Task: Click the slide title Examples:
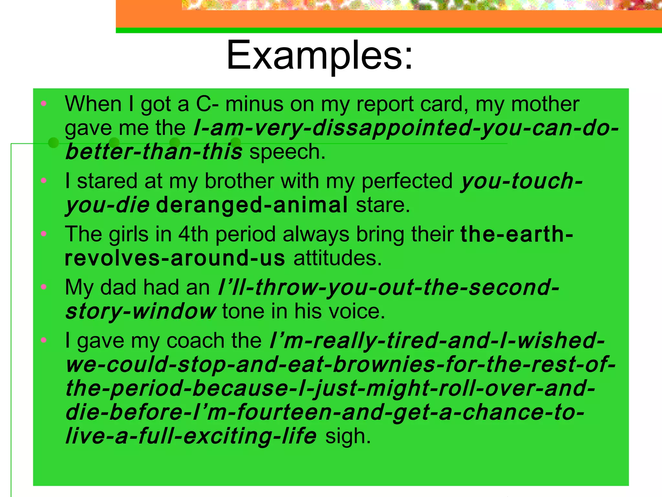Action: [x=319, y=56]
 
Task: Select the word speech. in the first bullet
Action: [x=287, y=152]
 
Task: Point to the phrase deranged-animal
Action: [x=252, y=205]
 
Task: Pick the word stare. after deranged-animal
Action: [x=383, y=205]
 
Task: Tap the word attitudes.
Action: [x=337, y=258]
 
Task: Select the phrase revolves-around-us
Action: [x=175, y=258]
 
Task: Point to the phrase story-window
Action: [x=141, y=312]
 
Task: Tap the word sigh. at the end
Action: [x=348, y=436]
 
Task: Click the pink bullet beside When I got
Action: [x=44, y=104]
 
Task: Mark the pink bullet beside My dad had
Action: [x=44, y=287]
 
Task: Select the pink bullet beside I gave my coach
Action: [x=44, y=340]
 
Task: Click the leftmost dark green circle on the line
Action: [x=54, y=143]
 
